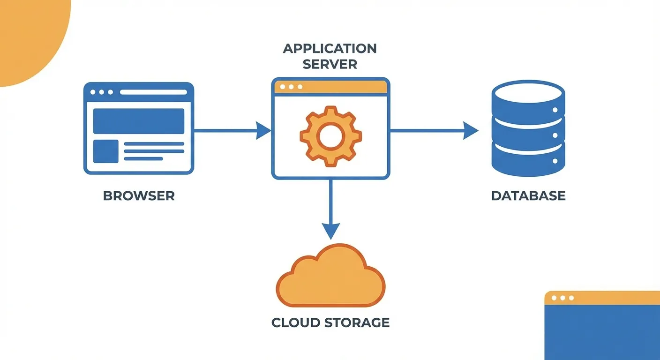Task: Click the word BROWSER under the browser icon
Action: (139, 195)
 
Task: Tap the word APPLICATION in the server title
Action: (330, 48)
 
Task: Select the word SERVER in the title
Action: (330, 64)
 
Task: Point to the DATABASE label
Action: (528, 195)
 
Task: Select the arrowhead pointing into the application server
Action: (264, 130)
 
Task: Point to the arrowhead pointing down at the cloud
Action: (331, 231)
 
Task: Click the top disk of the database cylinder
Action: (528, 96)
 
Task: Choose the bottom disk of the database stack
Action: (528, 162)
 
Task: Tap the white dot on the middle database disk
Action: (555, 135)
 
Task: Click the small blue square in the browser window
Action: (106, 151)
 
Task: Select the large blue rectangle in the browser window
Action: (139, 121)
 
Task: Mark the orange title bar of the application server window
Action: (330, 87)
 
